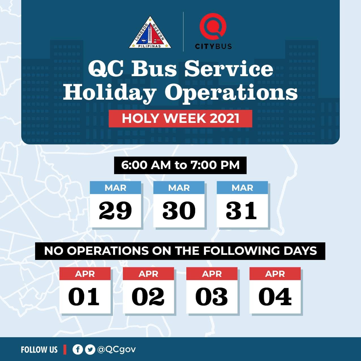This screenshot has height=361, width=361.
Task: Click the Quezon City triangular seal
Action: click(x=150, y=33)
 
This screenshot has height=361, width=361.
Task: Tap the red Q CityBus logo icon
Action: click(x=213, y=27)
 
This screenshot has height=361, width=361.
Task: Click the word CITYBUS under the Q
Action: click(x=213, y=46)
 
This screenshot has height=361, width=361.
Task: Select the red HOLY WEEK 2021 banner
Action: click(x=180, y=119)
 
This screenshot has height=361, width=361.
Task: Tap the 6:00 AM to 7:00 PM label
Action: click(x=180, y=165)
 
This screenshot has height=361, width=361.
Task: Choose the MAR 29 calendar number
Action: click(x=115, y=210)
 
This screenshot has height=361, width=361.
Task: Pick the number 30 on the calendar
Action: click(x=179, y=210)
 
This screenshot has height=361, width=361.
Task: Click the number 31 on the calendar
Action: click(x=241, y=210)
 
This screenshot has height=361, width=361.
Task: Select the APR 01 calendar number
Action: click(x=84, y=296)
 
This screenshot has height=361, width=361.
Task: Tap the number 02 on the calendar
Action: click(x=148, y=296)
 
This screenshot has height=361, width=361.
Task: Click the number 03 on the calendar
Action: click(x=212, y=296)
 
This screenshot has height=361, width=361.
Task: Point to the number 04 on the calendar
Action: click(x=275, y=296)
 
